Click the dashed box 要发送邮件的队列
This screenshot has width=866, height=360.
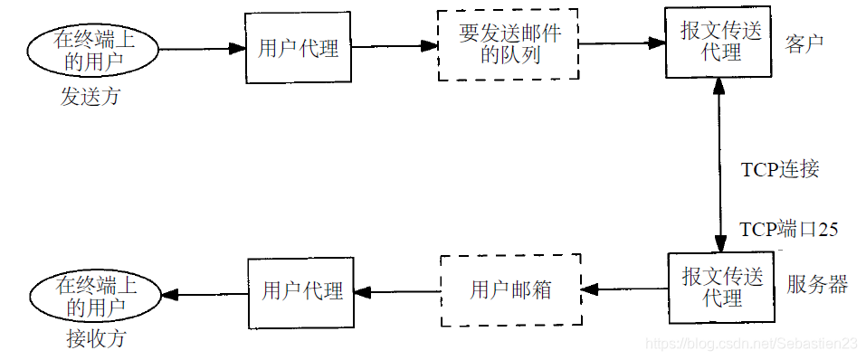(x=509, y=44)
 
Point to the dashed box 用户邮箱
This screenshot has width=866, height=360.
(x=510, y=291)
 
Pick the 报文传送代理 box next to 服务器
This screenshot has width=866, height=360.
(x=721, y=287)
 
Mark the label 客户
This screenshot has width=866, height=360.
(x=804, y=43)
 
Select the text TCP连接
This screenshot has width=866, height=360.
(x=780, y=169)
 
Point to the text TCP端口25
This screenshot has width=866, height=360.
(x=788, y=229)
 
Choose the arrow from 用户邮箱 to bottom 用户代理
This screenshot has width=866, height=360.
(x=396, y=292)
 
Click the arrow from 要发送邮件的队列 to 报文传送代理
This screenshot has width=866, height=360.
(x=623, y=43)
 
